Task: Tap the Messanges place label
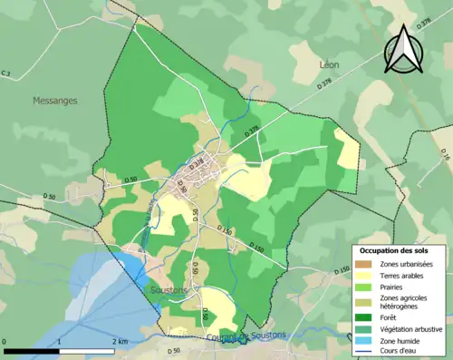tap(55, 100)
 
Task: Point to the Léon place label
tap(329, 65)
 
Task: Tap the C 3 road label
tap(6, 73)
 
